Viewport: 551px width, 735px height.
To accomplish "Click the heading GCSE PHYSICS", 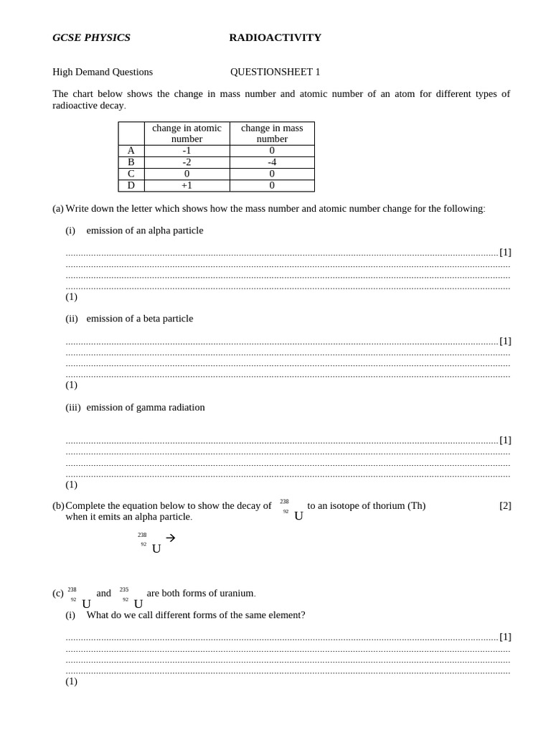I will point(91,37).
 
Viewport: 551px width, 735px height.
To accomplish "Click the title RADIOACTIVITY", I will point(275,37).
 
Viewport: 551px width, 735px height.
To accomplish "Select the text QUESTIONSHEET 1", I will point(275,72).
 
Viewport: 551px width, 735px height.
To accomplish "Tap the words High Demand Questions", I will point(103,72).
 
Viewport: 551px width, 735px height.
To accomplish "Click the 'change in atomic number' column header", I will point(187,134).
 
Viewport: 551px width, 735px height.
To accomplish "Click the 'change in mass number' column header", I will point(272,134).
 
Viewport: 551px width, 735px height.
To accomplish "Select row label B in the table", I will point(131,162).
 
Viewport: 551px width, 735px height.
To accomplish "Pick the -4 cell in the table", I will point(272,162).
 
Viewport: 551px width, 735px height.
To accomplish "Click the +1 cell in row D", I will point(187,185).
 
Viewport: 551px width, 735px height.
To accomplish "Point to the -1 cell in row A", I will point(187,151).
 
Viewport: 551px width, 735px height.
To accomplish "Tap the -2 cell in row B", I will point(187,162).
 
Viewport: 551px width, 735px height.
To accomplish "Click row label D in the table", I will point(131,185).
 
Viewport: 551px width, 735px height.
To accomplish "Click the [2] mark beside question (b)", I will point(505,505).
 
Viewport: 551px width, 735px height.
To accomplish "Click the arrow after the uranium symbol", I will point(171,538).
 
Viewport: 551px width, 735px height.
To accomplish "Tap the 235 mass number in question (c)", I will point(124,589).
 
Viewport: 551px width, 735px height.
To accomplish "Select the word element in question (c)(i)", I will point(281,615).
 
